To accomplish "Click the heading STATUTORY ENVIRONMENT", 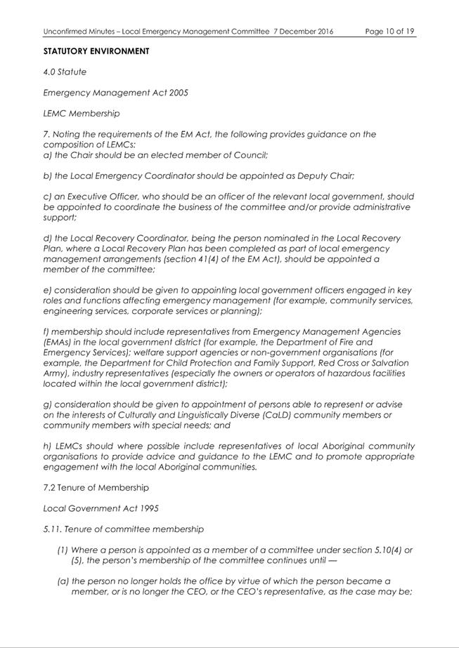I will [96, 51].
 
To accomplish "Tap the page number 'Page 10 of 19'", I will [390, 32].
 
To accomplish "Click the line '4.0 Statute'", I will [65, 72].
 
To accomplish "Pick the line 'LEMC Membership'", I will [82, 113].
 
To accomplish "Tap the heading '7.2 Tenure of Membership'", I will [96, 487].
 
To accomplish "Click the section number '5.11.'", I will [52, 529].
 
